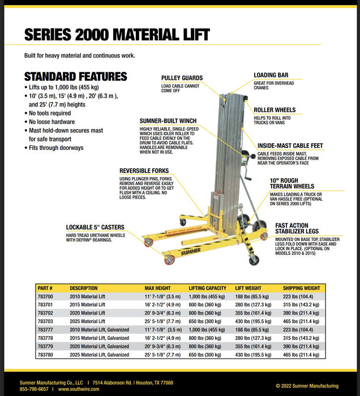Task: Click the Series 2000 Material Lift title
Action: click(x=117, y=35)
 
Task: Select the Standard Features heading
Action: click(x=75, y=77)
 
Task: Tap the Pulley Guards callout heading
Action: click(x=182, y=78)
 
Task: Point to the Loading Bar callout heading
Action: click(x=271, y=75)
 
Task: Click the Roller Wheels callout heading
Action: click(x=275, y=110)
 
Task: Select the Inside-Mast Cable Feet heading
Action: click(x=290, y=145)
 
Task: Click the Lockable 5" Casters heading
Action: click(x=95, y=227)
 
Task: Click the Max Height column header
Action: click(x=157, y=288)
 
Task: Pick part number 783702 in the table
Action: click(x=45, y=312)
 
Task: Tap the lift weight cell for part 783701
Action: click(x=253, y=304)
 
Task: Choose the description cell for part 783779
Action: click(x=99, y=346)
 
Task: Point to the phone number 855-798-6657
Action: click(x=34, y=389)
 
